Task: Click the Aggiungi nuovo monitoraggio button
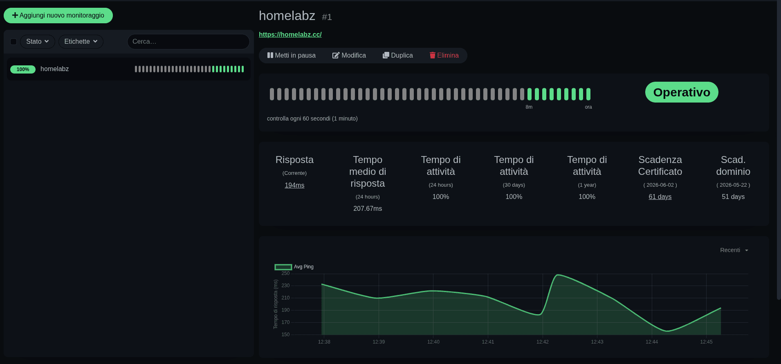point(58,16)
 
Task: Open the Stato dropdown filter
point(37,42)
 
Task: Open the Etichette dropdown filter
point(81,42)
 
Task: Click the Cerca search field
point(188,42)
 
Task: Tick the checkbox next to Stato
point(13,42)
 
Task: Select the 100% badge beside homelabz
point(23,69)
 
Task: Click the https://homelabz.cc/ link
point(290,35)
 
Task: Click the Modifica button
point(349,56)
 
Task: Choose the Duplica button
point(397,56)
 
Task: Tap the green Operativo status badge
point(681,92)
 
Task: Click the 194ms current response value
point(294,185)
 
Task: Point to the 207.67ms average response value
point(368,209)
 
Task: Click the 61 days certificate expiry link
point(660,197)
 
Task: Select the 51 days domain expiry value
point(733,197)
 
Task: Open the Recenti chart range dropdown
point(734,250)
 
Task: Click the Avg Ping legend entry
point(294,267)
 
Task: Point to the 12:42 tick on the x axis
point(542,342)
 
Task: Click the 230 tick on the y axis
point(285,286)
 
